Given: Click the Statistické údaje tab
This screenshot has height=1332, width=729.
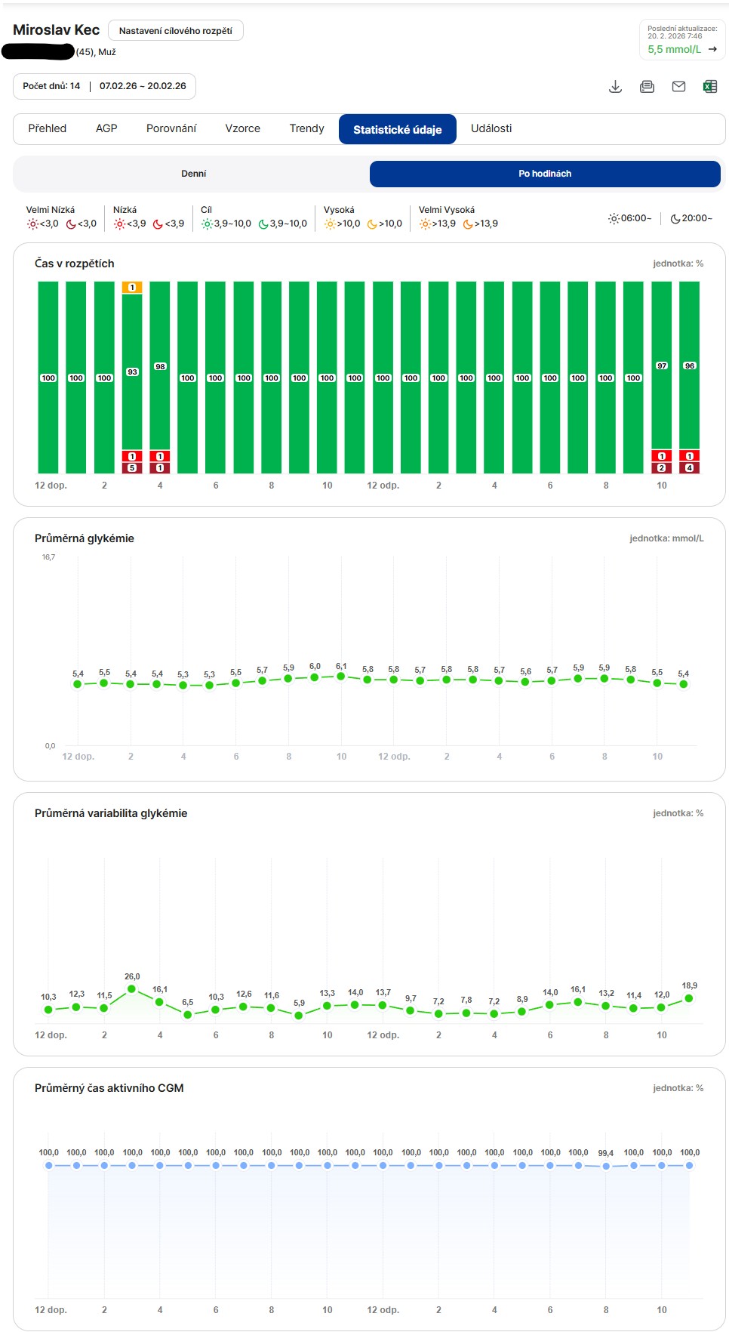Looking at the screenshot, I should pyautogui.click(x=398, y=129).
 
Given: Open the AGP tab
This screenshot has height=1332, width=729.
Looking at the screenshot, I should pyautogui.click(x=106, y=128).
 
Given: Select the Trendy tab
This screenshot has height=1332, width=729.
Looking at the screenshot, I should pyautogui.click(x=306, y=128).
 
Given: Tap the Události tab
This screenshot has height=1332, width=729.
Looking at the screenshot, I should pyautogui.click(x=491, y=128).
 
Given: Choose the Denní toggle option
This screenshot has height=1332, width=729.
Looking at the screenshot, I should pyautogui.click(x=193, y=174).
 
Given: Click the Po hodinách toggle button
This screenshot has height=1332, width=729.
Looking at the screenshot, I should pyautogui.click(x=545, y=174).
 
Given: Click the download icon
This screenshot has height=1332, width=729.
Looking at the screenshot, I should pyautogui.click(x=616, y=87).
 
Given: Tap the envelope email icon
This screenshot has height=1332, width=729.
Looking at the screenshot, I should pyautogui.click(x=678, y=87).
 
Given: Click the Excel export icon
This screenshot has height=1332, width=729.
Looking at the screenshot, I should pyautogui.click(x=710, y=87).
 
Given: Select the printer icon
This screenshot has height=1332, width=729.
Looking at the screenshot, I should pyautogui.click(x=647, y=87).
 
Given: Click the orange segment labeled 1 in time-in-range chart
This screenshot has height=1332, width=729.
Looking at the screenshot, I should pyautogui.click(x=132, y=288).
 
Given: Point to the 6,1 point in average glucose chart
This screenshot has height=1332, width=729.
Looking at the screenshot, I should pyautogui.click(x=341, y=677).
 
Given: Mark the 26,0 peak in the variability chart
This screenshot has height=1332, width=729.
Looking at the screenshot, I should pyautogui.click(x=132, y=988).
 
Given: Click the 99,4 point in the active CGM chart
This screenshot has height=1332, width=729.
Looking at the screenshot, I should pyautogui.click(x=606, y=1166).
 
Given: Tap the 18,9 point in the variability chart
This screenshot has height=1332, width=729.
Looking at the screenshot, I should pyautogui.click(x=689, y=998).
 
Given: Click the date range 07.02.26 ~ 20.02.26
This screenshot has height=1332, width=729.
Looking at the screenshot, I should pyautogui.click(x=143, y=86).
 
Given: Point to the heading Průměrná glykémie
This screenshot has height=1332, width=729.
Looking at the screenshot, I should pyautogui.click(x=85, y=538).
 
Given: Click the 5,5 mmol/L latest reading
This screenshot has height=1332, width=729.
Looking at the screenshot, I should pyautogui.click(x=674, y=49).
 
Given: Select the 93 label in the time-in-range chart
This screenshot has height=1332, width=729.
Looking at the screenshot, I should pyautogui.click(x=132, y=372).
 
